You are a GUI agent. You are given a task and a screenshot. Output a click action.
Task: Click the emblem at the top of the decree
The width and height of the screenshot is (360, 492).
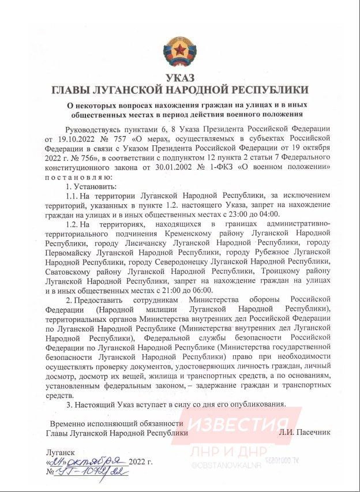[180, 50]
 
